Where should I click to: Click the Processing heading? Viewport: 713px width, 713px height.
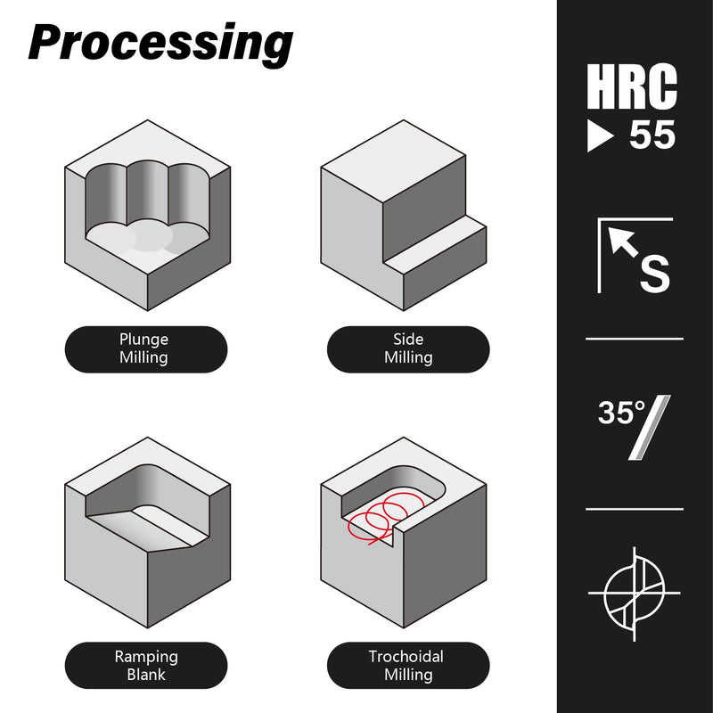(x=160, y=44)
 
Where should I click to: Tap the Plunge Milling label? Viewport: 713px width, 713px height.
(x=143, y=348)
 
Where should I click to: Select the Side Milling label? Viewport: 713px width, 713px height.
(x=408, y=348)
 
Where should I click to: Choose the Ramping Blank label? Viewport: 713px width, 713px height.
(x=146, y=665)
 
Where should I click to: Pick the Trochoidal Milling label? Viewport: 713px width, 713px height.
(x=406, y=665)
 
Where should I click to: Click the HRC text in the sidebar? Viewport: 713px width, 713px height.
(x=632, y=86)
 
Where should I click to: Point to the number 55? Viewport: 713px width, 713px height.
(x=652, y=135)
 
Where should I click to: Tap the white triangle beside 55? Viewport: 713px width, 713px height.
(x=599, y=135)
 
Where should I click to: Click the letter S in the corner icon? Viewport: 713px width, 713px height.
(x=655, y=274)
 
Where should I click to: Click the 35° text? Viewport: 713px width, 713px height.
(x=621, y=413)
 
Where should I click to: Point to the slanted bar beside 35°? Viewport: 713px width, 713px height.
(x=650, y=428)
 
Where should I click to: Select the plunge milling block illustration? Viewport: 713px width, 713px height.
(x=148, y=216)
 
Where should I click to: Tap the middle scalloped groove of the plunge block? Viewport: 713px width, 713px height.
(x=147, y=195)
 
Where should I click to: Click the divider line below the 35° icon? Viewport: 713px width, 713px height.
(x=635, y=509)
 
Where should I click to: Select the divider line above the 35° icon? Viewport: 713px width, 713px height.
(x=635, y=339)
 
